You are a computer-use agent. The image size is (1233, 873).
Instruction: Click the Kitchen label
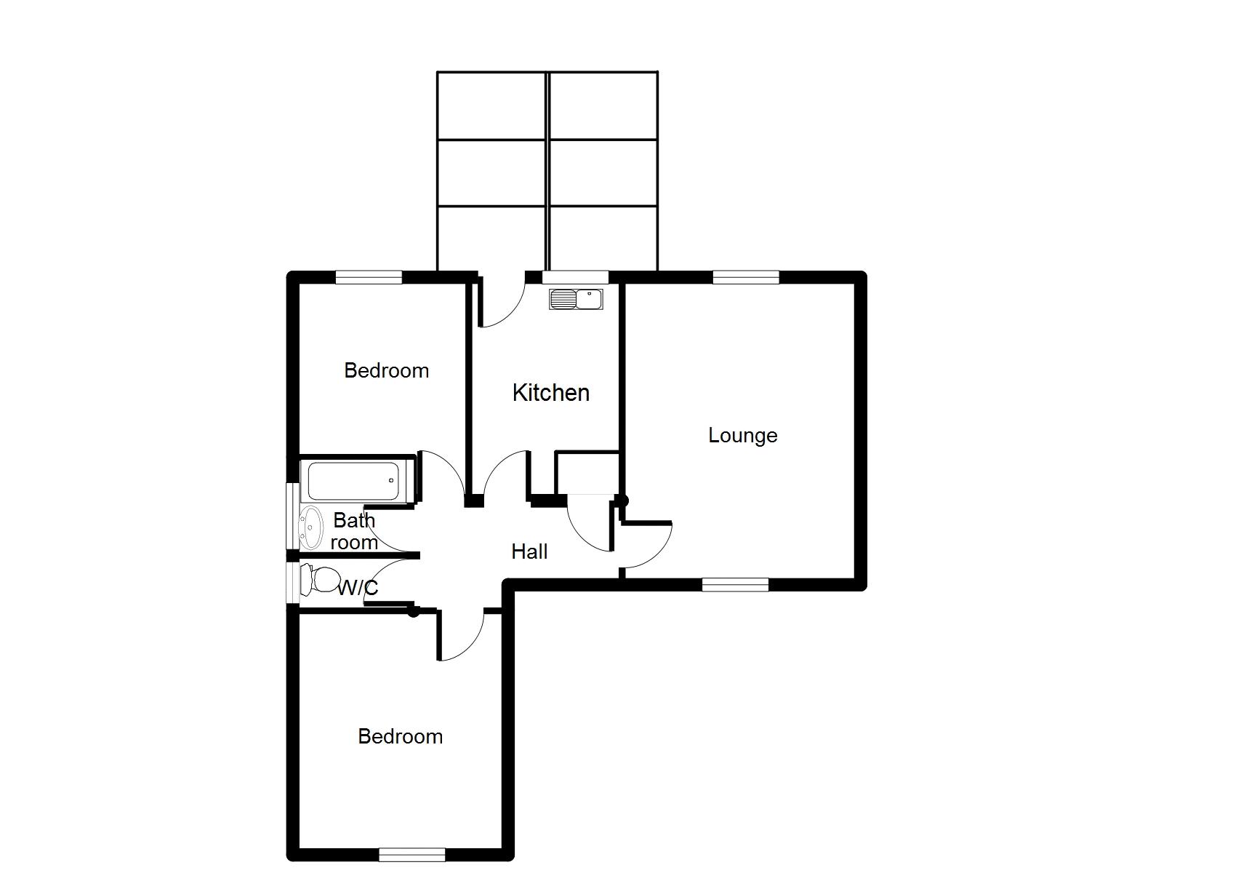coord(551,393)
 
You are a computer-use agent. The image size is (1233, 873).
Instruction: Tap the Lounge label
coord(742,436)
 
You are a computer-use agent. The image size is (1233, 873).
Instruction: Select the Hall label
coord(529,551)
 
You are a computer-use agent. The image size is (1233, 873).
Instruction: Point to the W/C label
coord(358,589)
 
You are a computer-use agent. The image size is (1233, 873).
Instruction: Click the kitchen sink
coord(576,299)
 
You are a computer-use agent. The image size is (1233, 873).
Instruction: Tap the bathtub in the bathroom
coord(354,481)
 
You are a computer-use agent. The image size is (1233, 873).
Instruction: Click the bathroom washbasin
coord(311,527)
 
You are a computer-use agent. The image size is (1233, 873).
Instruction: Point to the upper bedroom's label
coord(387,371)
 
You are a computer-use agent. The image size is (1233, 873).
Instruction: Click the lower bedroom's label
coord(400,736)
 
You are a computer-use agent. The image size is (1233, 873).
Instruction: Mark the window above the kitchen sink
coord(576,277)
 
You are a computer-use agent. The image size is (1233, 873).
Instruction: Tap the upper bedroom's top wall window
coord(369,277)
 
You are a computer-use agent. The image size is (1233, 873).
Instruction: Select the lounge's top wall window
coord(746,277)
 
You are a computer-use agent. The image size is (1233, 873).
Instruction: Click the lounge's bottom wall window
coord(736,584)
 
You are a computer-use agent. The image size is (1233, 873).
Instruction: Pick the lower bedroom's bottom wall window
coord(412,854)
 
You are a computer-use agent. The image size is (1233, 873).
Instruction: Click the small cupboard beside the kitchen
coord(587,473)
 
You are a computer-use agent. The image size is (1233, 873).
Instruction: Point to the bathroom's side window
coord(293,516)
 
